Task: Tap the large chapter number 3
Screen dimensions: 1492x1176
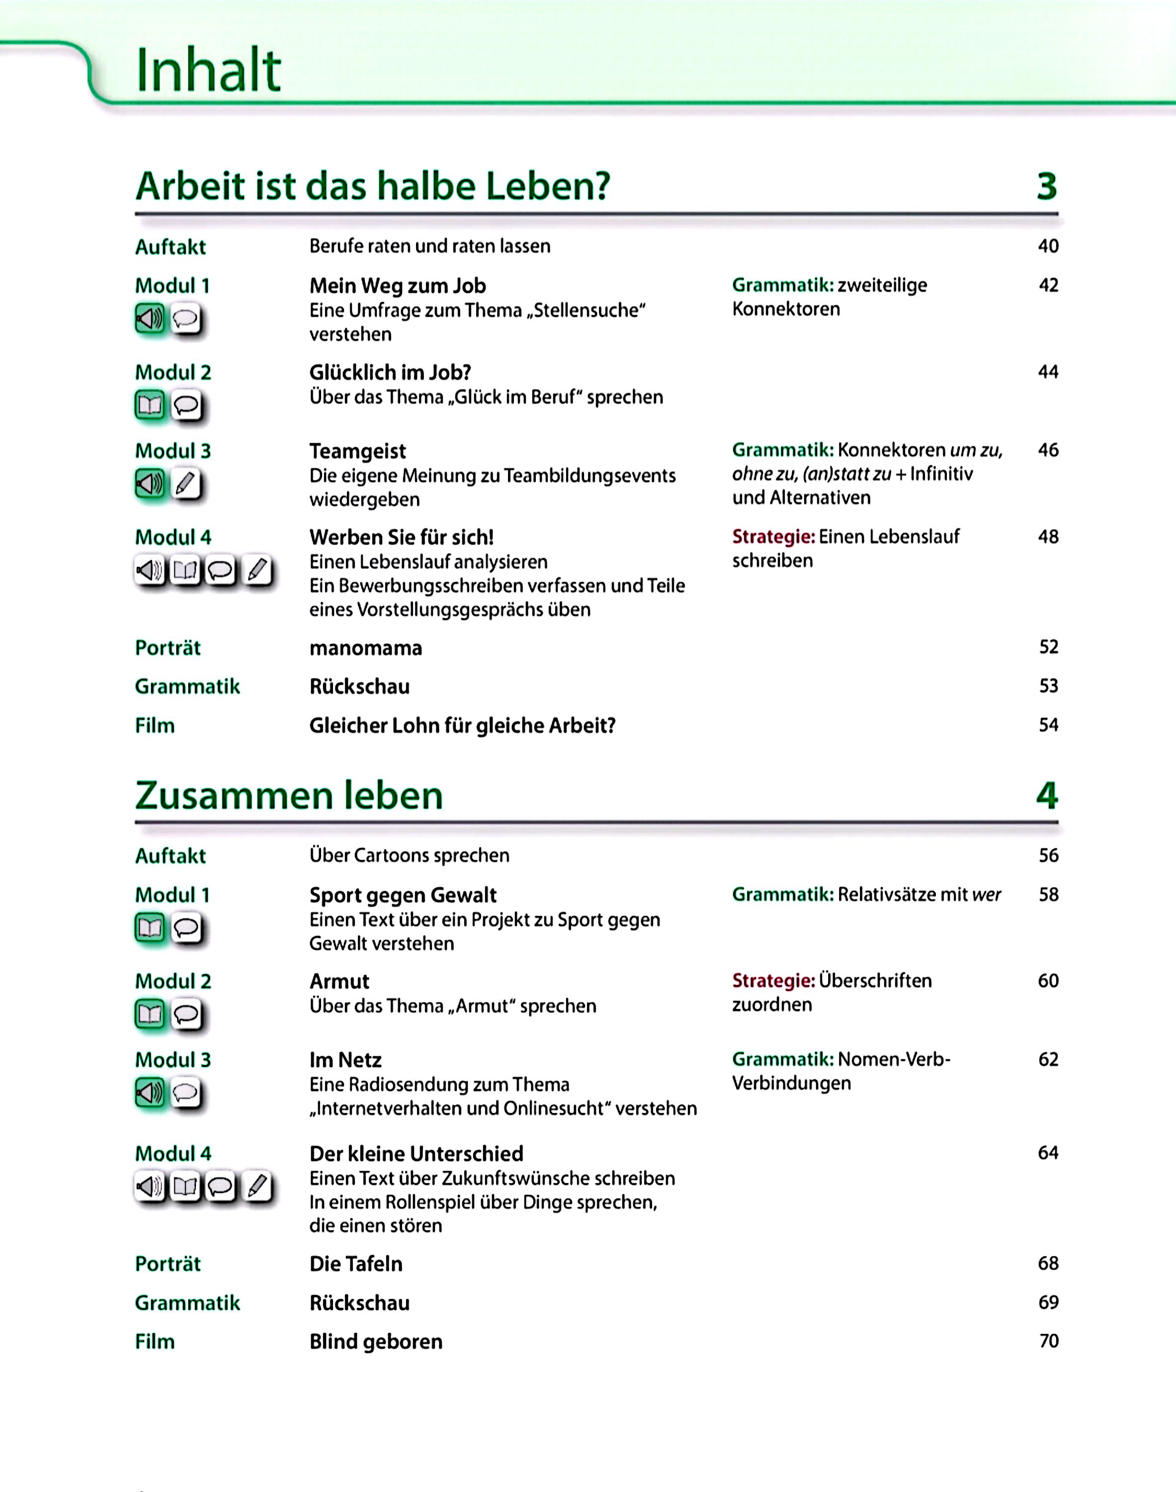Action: click(1047, 186)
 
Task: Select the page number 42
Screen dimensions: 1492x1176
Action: click(1048, 285)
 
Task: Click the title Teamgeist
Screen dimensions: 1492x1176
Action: click(357, 451)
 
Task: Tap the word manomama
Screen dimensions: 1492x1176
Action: click(366, 648)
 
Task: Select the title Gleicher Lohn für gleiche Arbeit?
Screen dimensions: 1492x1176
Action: click(462, 725)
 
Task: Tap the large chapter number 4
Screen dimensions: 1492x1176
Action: click(1047, 796)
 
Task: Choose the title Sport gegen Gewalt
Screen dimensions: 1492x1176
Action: click(403, 895)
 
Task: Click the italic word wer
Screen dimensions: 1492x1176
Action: click(986, 895)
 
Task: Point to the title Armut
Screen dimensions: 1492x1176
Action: click(339, 981)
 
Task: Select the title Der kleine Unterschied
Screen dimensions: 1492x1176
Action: click(417, 1153)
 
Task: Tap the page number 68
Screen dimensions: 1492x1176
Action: click(1048, 1263)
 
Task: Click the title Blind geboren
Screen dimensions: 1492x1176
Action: click(376, 1341)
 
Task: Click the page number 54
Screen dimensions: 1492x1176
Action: click(1048, 725)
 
